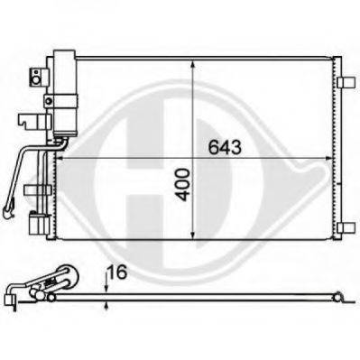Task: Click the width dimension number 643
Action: coord(226,148)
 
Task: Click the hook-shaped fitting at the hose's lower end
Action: coord(10,215)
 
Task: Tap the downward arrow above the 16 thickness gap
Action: coord(106,287)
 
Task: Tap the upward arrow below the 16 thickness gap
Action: coord(106,304)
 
